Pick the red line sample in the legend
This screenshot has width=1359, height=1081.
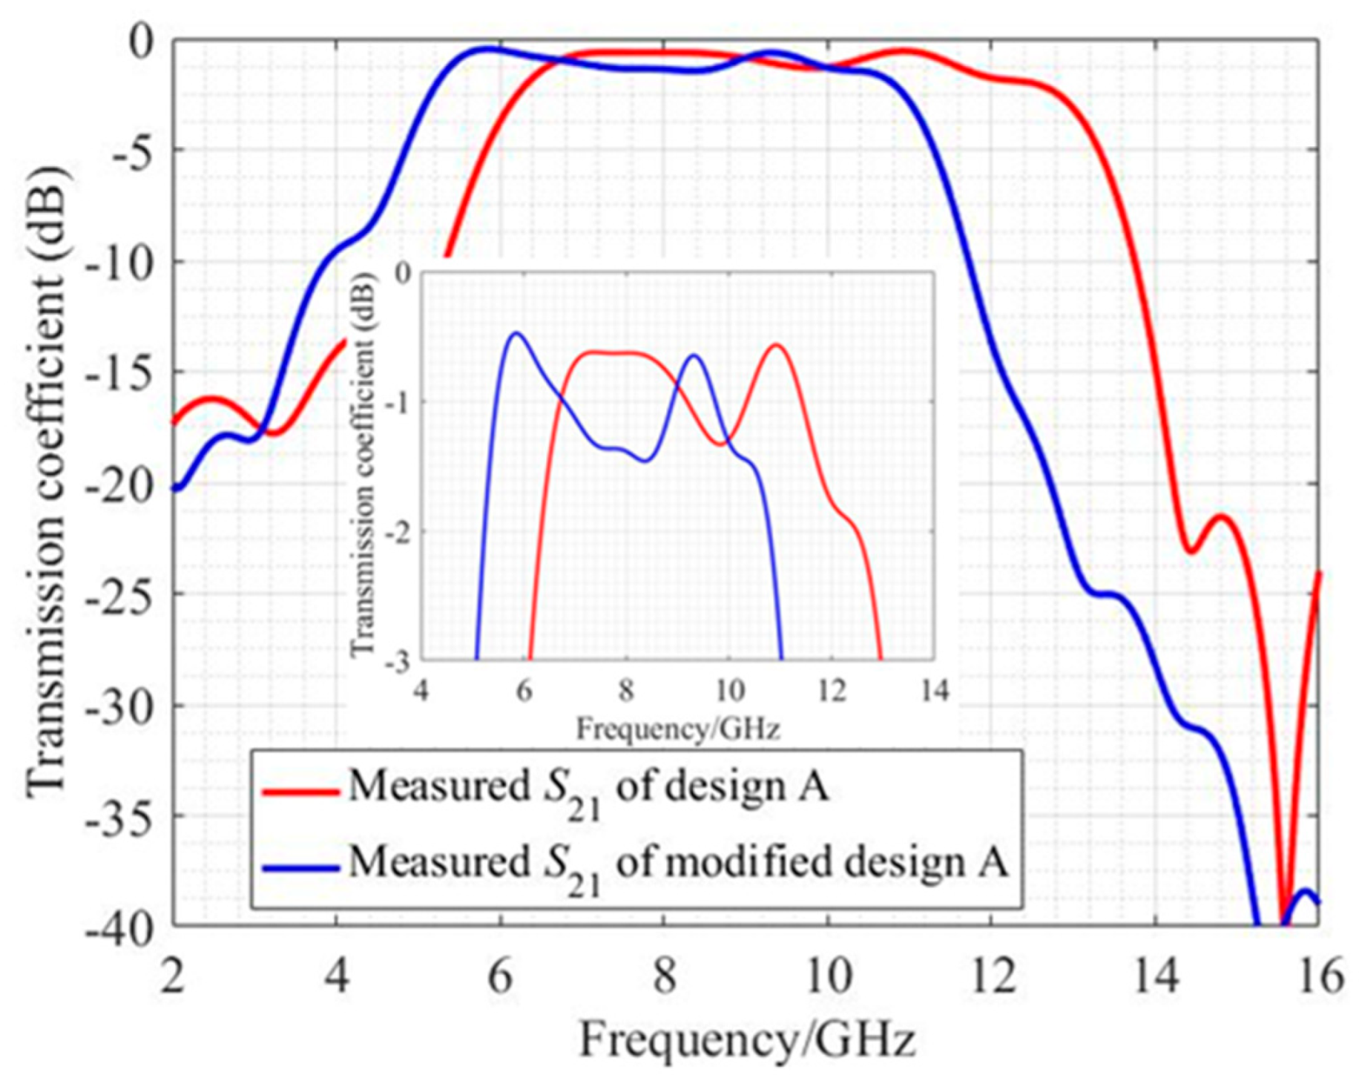(x=300, y=792)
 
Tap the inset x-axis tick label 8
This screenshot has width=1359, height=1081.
(x=626, y=691)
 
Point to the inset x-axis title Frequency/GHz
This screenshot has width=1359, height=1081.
(x=678, y=729)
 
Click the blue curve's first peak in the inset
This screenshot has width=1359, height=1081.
(x=515, y=333)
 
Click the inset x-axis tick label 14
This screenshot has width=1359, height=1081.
(x=933, y=691)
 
